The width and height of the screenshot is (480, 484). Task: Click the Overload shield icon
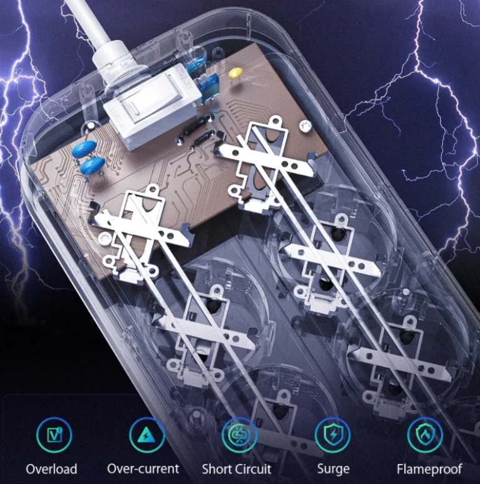coord(54,435)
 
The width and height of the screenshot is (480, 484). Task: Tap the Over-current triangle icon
coord(146,435)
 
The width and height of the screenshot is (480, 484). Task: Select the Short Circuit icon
coord(239,435)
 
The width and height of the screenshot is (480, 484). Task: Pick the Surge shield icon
coord(332,435)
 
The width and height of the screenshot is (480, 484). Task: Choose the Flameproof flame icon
coord(425,435)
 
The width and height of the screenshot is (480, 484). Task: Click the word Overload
coord(52,469)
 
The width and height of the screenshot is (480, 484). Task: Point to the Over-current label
coord(143,468)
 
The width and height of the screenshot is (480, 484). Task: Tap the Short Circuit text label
coord(237,469)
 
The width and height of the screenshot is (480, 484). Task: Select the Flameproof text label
coord(429,469)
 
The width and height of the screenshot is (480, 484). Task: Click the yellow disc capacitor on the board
coord(236,74)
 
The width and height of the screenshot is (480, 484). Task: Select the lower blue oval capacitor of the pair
coord(92,165)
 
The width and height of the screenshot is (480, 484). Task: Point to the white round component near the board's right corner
coord(306,126)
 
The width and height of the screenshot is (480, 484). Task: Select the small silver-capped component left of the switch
coord(89,127)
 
